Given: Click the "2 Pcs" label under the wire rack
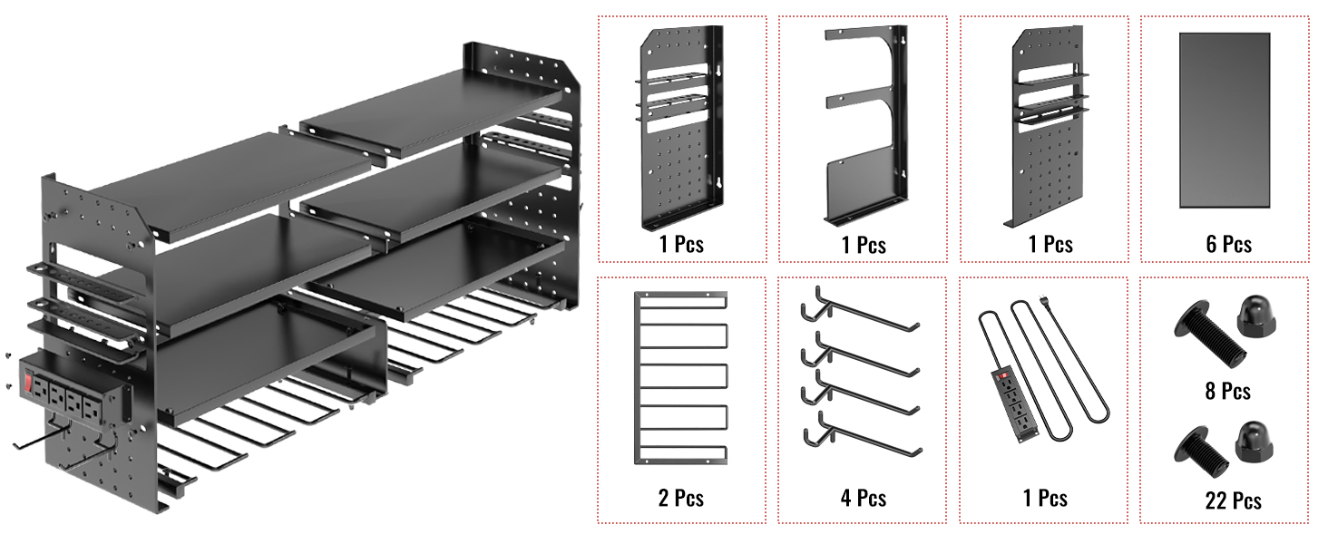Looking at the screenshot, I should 681,498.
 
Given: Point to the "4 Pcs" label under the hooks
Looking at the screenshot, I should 863,498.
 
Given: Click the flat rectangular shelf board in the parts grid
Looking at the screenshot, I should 1225,121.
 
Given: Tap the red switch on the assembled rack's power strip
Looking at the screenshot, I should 28,384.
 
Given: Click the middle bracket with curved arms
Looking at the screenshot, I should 864,127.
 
